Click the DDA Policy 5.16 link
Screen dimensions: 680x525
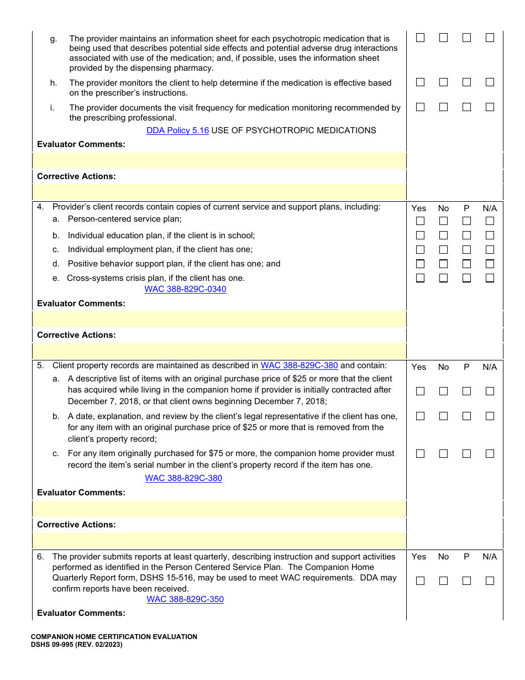177,130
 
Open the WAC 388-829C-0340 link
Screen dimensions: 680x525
185,289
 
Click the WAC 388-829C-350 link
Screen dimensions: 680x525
185,599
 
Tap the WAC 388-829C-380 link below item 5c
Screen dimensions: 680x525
183,478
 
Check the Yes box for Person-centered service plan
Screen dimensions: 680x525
420,221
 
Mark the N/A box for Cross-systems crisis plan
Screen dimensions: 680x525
490,278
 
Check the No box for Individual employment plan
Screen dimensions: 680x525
443,250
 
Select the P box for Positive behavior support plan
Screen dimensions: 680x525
466,264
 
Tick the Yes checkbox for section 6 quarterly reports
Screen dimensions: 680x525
420,581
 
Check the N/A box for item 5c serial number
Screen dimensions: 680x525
490,454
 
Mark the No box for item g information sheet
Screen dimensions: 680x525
443,38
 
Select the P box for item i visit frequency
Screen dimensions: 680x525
466,107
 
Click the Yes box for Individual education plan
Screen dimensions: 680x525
420,236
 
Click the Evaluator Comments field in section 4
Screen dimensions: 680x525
219,319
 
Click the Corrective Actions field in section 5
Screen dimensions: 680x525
219,540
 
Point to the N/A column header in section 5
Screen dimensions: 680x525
490,367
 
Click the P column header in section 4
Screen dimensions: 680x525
466,208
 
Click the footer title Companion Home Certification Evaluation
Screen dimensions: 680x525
114,637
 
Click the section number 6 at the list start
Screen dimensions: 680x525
40,557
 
